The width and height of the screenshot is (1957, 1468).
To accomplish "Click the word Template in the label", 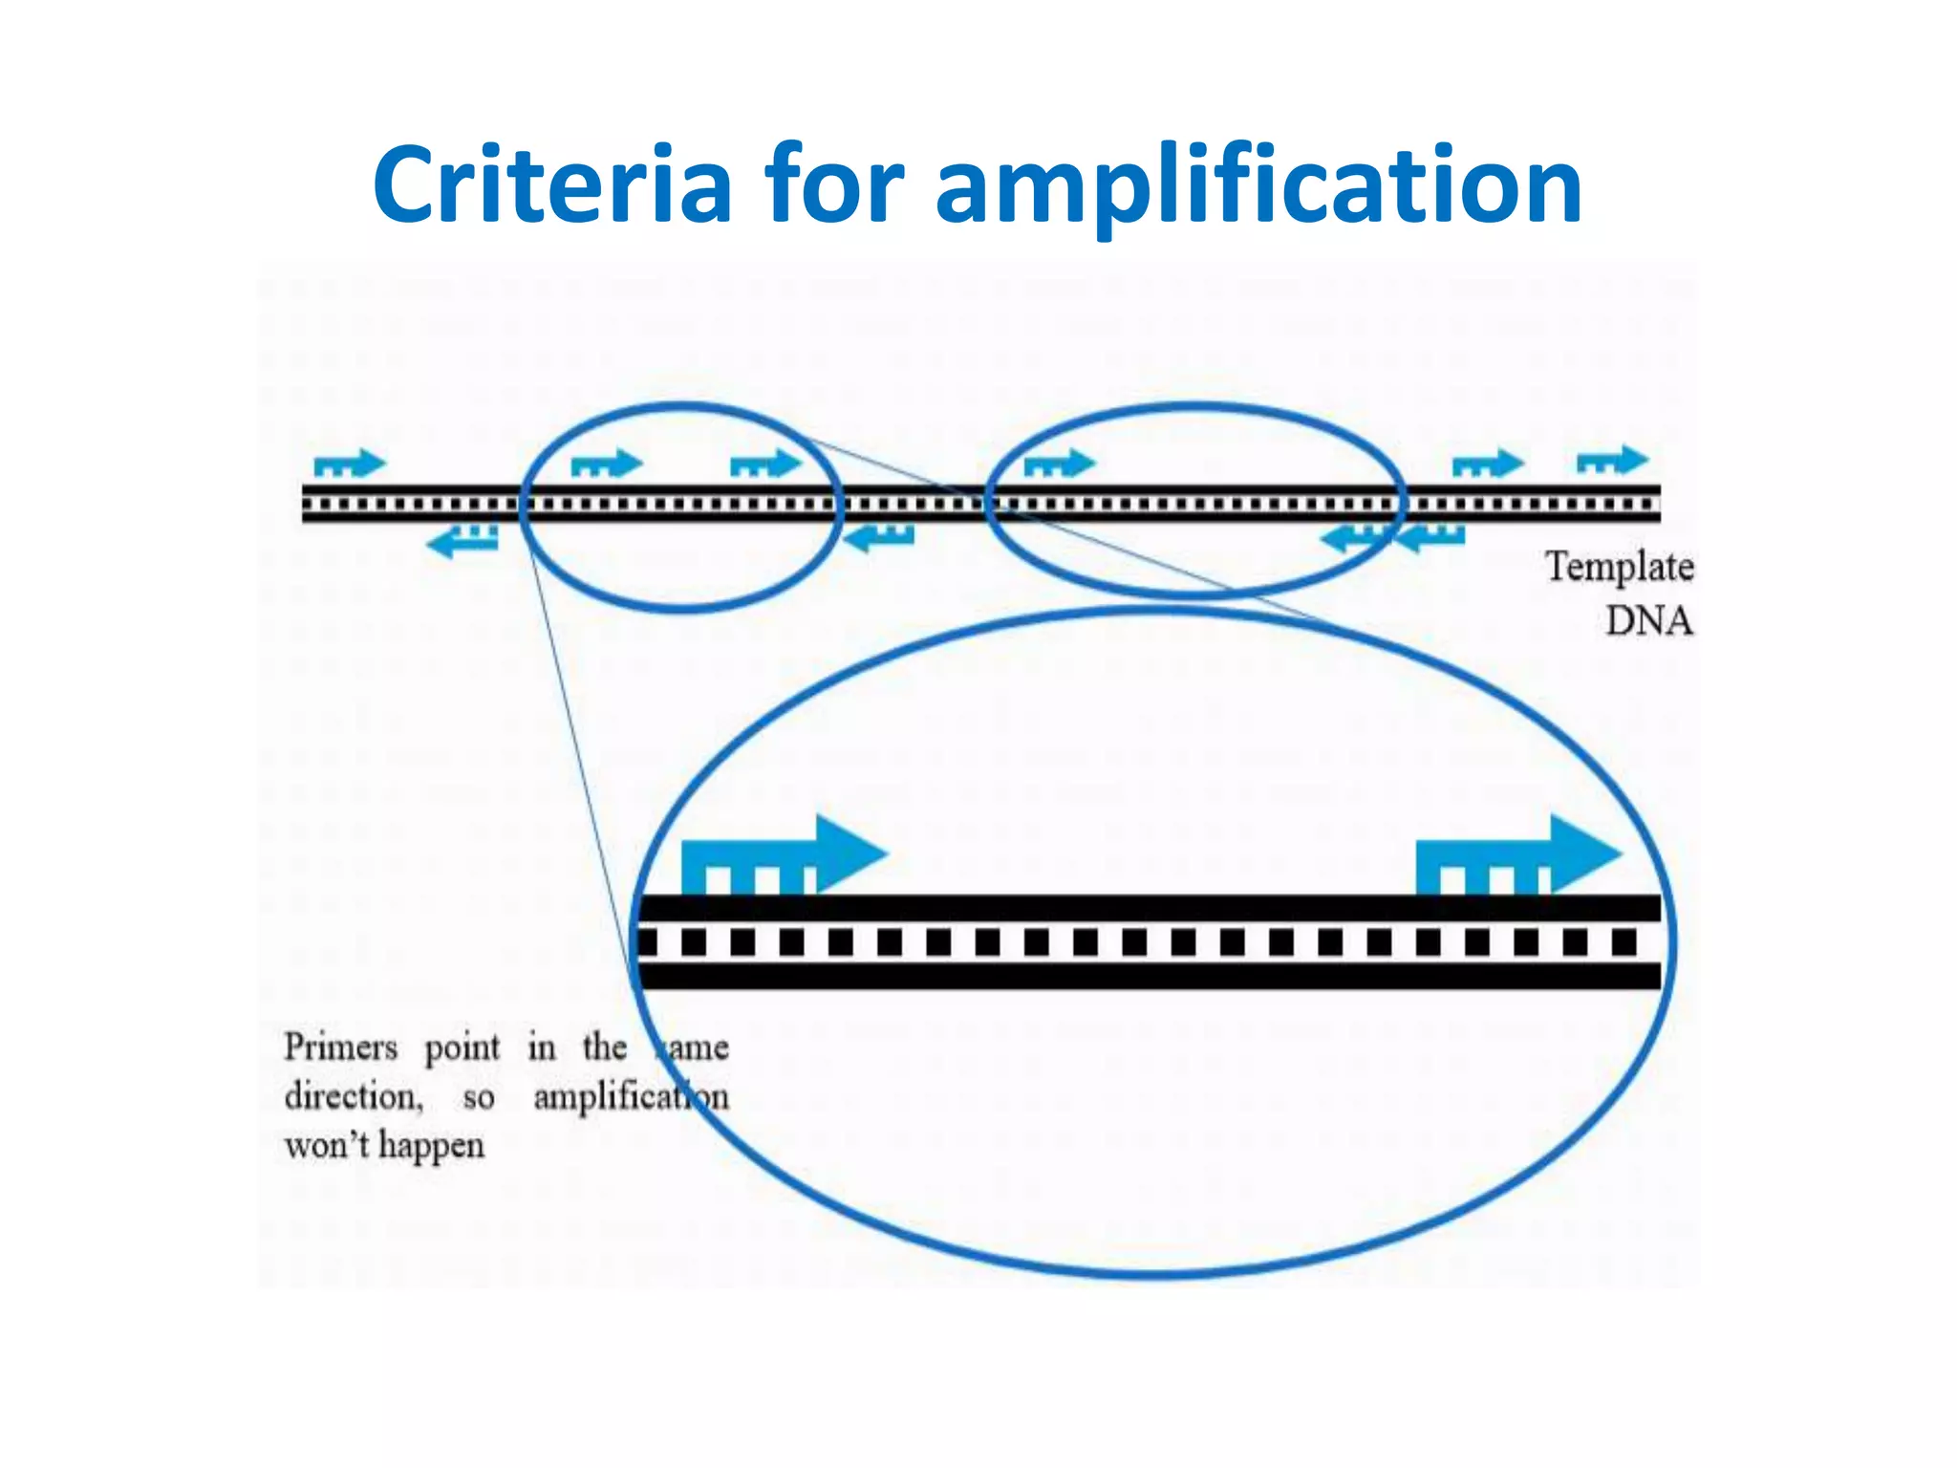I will click(x=1619, y=567).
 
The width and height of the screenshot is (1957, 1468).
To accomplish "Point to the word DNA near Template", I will click(x=1648, y=621).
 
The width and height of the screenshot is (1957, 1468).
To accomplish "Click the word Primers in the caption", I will click(x=340, y=1047).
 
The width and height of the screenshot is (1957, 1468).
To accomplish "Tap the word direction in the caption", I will click(x=353, y=1096).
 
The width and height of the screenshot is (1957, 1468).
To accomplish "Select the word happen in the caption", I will click(x=431, y=1146).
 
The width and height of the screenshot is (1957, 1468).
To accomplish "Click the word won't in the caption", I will click(x=326, y=1145).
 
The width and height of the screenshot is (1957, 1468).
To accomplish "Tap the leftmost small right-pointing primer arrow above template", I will click(x=349, y=464).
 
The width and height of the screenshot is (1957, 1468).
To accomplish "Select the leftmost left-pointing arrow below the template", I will click(x=462, y=541).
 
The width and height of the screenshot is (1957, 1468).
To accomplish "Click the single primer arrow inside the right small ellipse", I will click(x=1059, y=464).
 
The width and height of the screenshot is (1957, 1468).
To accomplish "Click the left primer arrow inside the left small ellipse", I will click(x=606, y=464).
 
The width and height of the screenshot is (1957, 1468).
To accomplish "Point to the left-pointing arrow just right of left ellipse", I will click(x=880, y=538).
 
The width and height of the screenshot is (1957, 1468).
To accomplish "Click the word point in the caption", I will click(x=462, y=1048).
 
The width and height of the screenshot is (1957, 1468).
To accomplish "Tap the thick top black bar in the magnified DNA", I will click(x=1147, y=908).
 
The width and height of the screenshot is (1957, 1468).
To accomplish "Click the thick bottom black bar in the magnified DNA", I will click(x=1147, y=976).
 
